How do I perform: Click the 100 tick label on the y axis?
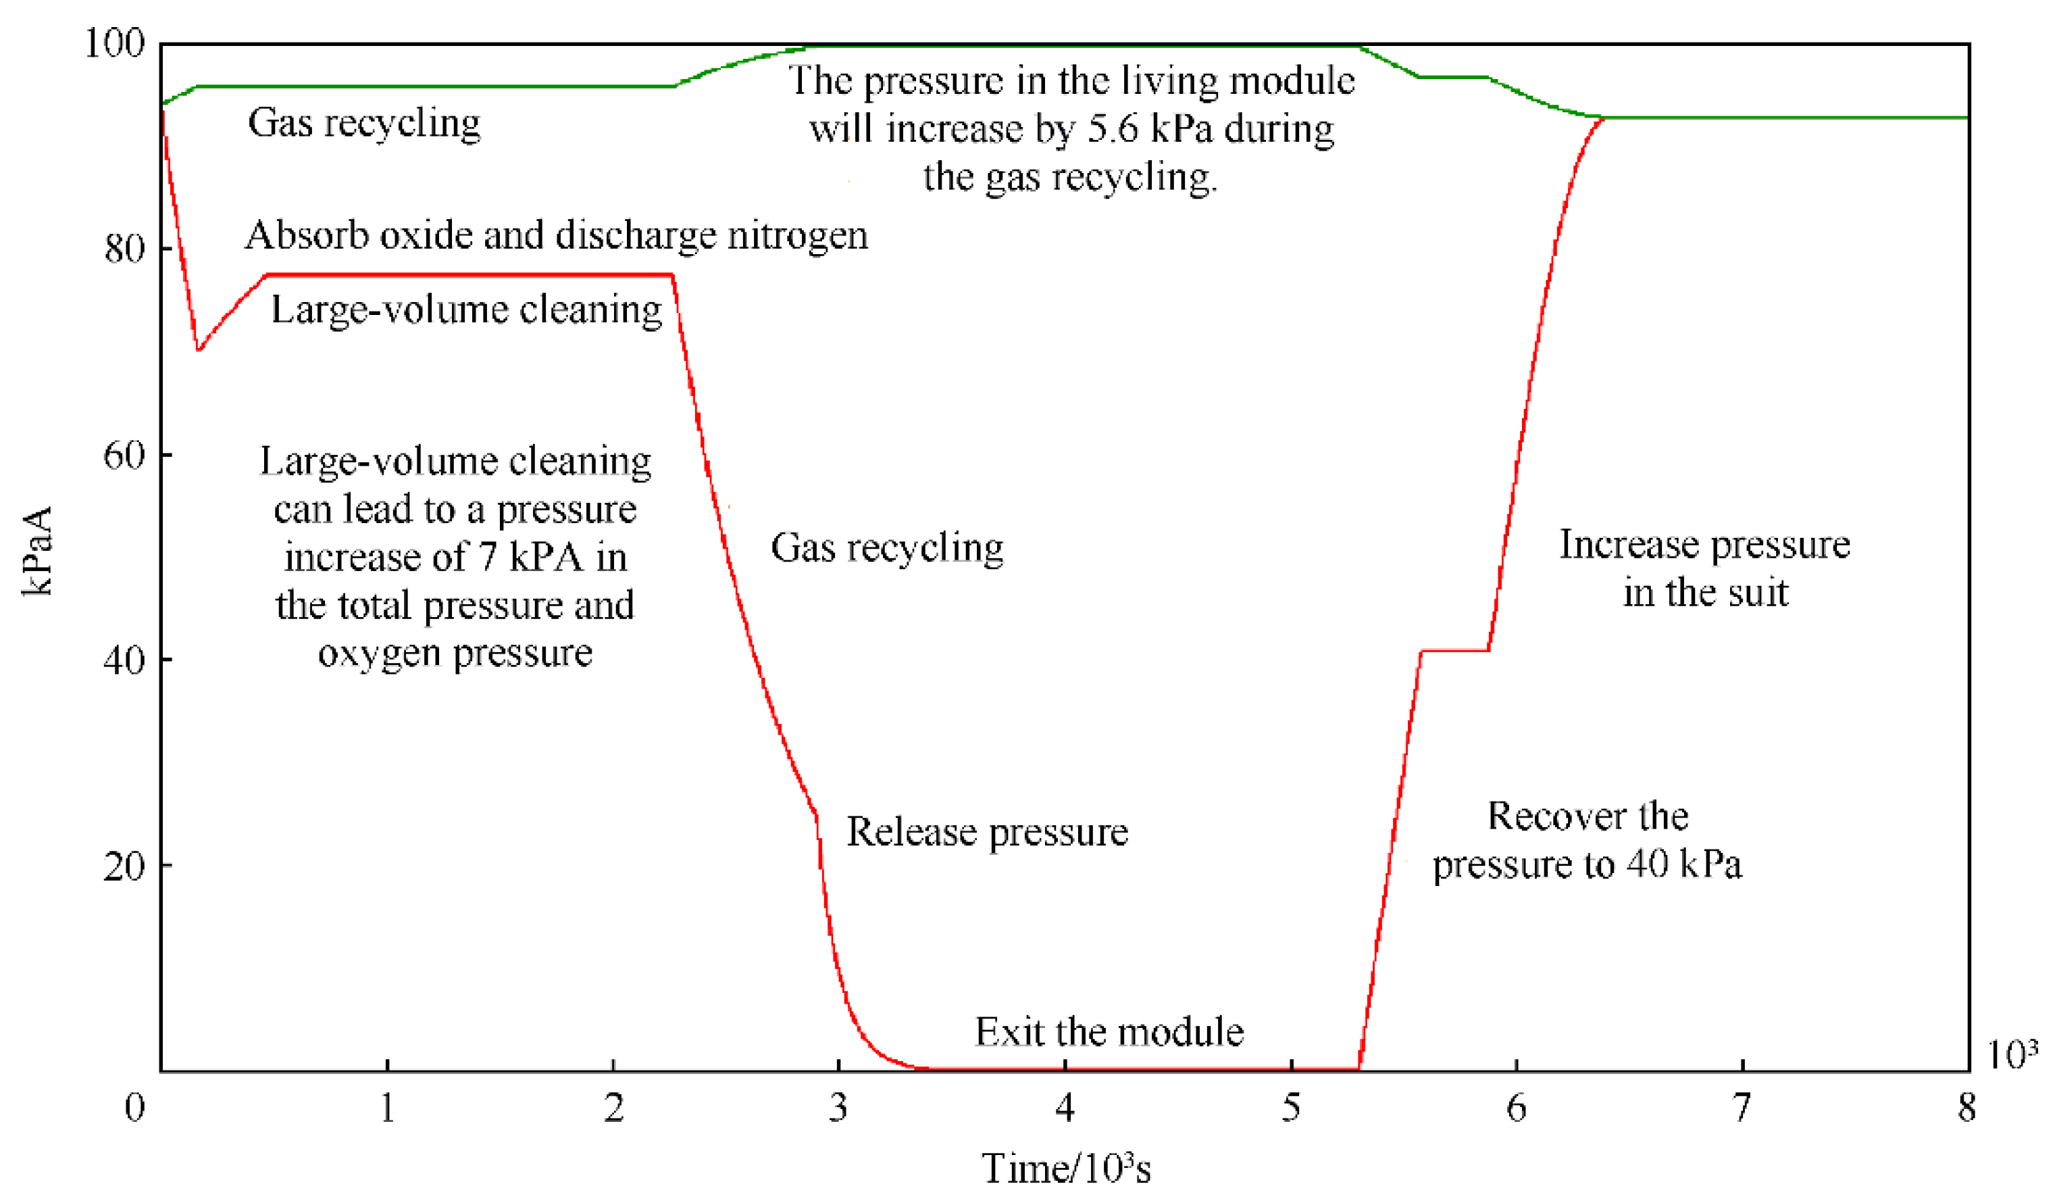pyautogui.click(x=114, y=43)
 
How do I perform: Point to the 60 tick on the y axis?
pyautogui.click(x=124, y=455)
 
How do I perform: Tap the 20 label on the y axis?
pyautogui.click(x=124, y=866)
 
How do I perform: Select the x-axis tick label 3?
pyautogui.click(x=838, y=1108)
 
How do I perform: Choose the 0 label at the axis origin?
pyautogui.click(x=134, y=1108)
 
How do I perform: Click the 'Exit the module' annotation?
pyautogui.click(x=1109, y=1032)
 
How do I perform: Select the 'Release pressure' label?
pyautogui.click(x=987, y=832)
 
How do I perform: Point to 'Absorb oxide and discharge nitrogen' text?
pyautogui.click(x=556, y=235)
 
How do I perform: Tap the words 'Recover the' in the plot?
pyautogui.click(x=1588, y=816)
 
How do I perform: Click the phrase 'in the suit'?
pyautogui.click(x=1705, y=592)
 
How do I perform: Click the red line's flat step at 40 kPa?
pyautogui.click(x=1454, y=650)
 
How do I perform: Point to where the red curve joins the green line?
pyautogui.click(x=1602, y=118)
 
